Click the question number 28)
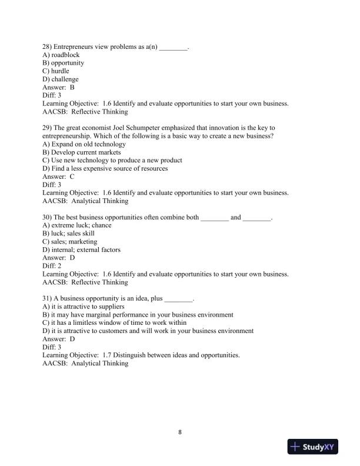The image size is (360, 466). click(x=48, y=46)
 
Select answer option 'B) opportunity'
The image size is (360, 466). click(x=64, y=63)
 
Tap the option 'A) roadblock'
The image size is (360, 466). click(x=61, y=55)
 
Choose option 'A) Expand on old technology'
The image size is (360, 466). click(x=84, y=144)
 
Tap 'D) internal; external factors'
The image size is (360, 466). click(x=82, y=250)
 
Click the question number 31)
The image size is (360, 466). click(x=48, y=298)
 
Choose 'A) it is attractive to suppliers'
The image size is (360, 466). click(x=84, y=307)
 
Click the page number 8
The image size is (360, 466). click(x=180, y=432)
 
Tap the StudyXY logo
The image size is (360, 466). click(x=312, y=447)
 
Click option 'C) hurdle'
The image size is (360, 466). click(x=56, y=71)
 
